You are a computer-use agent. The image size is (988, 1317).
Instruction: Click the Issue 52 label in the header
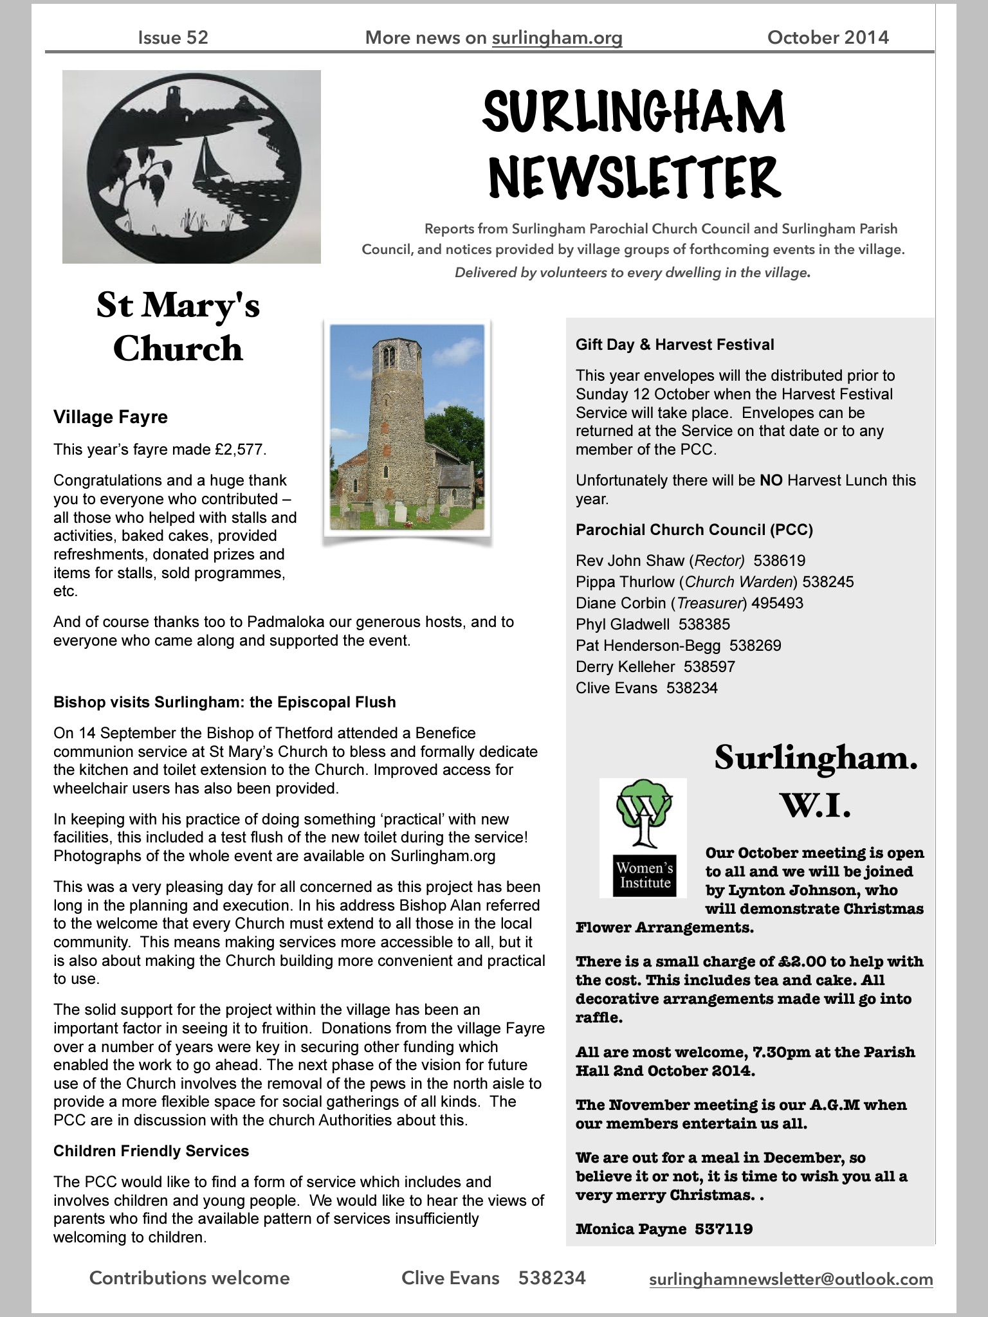point(173,37)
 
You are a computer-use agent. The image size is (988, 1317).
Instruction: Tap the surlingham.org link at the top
point(557,38)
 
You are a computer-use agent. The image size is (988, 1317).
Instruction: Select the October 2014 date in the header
point(828,37)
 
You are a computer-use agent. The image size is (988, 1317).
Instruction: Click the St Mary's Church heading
point(178,327)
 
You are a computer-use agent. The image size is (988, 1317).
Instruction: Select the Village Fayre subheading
point(111,417)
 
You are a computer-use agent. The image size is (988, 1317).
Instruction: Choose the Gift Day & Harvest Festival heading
point(675,345)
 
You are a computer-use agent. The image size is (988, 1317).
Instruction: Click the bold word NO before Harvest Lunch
point(771,480)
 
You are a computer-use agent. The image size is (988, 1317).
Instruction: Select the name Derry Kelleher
point(625,667)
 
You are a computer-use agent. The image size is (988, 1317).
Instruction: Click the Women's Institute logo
point(643,837)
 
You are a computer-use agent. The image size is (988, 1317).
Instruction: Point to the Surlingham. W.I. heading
point(816,780)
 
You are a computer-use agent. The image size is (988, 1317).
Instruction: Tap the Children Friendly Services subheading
point(151,1150)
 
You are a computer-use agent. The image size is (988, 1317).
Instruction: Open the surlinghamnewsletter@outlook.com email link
point(791,1279)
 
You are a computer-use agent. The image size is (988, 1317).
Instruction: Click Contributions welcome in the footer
point(190,1278)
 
